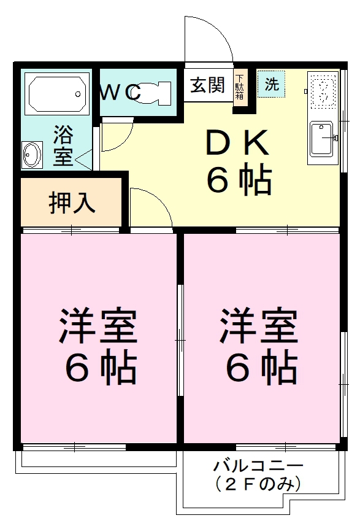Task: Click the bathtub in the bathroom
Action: (x=56, y=94)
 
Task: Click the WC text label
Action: (x=121, y=93)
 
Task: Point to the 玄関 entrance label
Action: (x=207, y=85)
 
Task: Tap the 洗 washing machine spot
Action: (x=271, y=85)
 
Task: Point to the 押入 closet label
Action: (x=72, y=203)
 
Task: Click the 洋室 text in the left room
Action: (x=98, y=326)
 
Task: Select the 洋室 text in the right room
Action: (x=260, y=326)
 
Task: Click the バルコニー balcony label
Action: (x=258, y=465)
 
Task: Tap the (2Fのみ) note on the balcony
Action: (x=258, y=484)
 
